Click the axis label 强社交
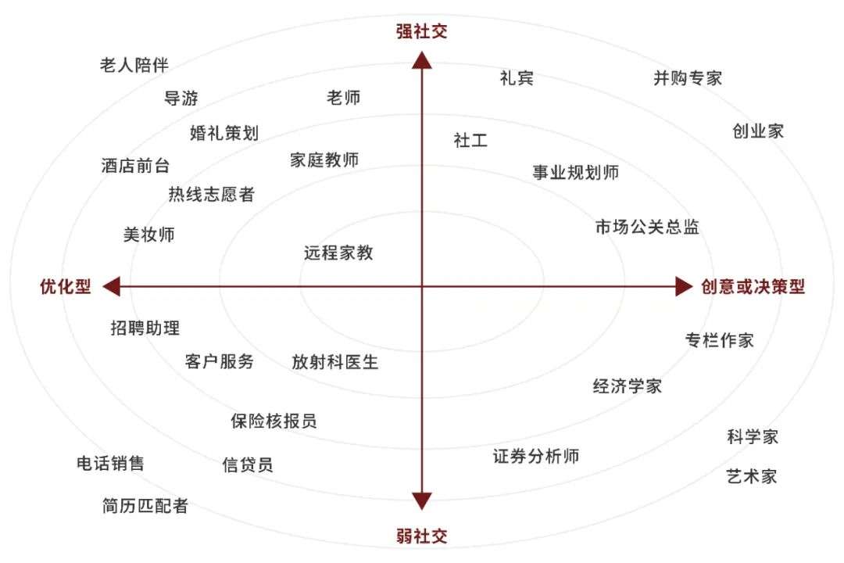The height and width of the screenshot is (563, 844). (421, 32)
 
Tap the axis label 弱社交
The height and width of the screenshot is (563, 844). (421, 536)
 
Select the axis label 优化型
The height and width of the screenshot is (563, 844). (66, 286)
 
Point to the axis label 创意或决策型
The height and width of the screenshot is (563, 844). (753, 286)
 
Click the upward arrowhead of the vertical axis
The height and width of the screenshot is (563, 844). (422, 60)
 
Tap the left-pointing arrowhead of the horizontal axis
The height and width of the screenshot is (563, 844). (112, 286)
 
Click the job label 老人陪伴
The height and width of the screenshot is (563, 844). (134, 64)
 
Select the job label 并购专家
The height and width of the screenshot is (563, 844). (688, 78)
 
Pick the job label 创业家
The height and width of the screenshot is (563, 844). (758, 131)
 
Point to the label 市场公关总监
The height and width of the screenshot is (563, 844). (647, 227)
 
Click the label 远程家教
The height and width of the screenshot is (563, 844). (338, 253)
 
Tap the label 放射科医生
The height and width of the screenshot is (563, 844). (335, 362)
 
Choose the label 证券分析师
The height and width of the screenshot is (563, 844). (536, 456)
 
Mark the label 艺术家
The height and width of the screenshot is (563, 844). (752, 476)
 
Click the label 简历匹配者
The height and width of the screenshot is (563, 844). (145, 506)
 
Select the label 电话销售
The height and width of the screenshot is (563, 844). (110, 464)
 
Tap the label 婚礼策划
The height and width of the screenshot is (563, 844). (224, 132)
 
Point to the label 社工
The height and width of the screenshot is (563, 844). (470, 140)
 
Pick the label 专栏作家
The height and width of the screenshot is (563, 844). (719, 340)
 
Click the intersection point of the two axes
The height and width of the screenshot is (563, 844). (422, 286)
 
